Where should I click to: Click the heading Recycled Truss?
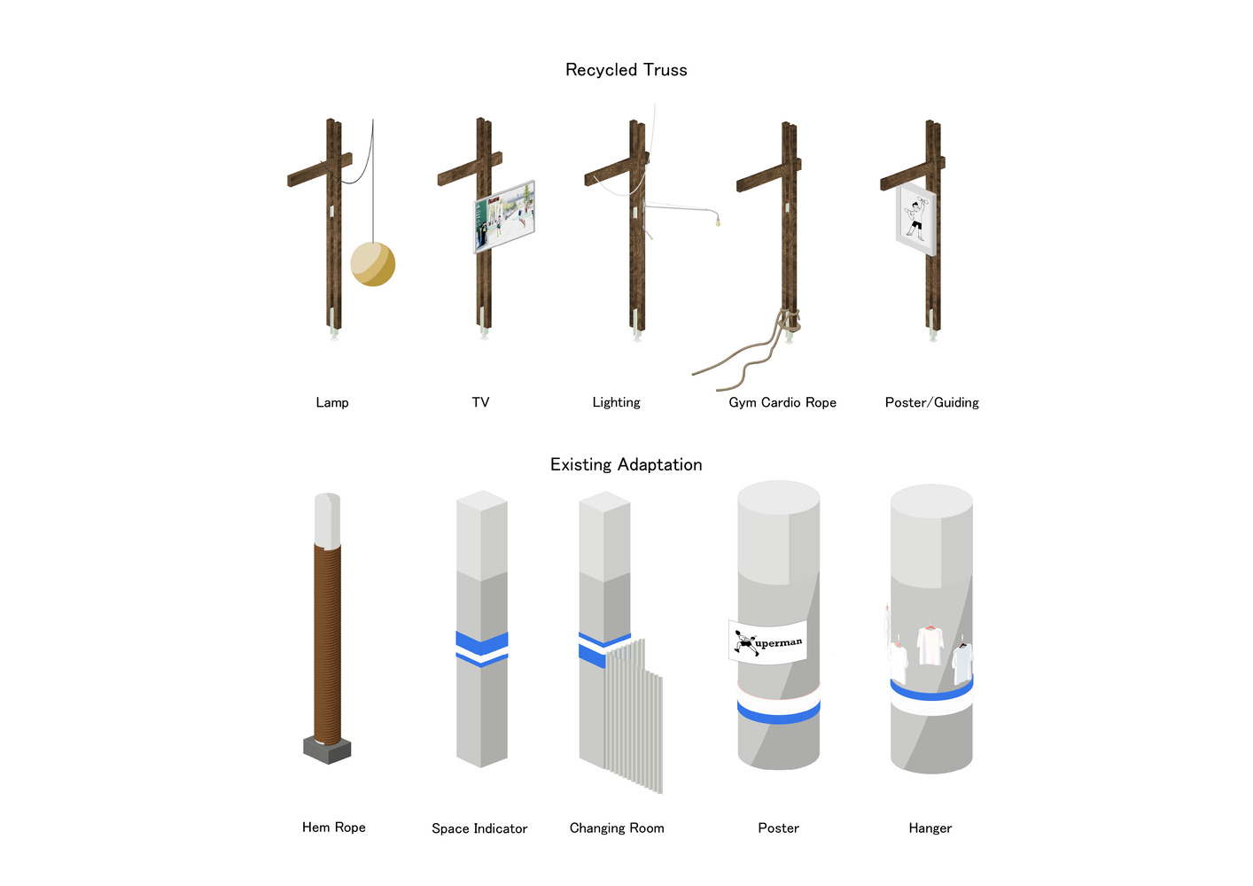(x=626, y=70)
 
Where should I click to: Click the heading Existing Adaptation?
(x=626, y=465)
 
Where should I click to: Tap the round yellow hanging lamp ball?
(x=372, y=264)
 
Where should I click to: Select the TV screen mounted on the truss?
(x=504, y=216)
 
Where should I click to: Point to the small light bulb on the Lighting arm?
(x=718, y=222)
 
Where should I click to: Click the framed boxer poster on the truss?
(x=915, y=220)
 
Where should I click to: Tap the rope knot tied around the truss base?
(x=790, y=321)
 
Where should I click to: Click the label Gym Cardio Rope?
(x=782, y=403)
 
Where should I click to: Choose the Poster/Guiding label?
(x=931, y=403)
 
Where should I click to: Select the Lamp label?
(x=331, y=403)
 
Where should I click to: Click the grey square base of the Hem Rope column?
(x=327, y=750)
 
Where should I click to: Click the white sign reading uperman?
(x=768, y=642)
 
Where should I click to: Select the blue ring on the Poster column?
(x=779, y=714)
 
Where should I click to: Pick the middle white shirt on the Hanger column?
(x=930, y=645)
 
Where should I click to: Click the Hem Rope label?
(x=334, y=828)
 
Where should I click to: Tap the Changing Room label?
(x=617, y=828)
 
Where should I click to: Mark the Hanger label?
(x=930, y=828)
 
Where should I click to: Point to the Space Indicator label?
(x=479, y=828)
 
